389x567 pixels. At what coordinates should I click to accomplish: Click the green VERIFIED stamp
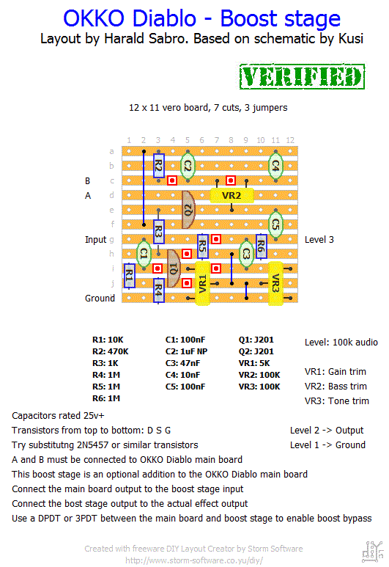(x=302, y=77)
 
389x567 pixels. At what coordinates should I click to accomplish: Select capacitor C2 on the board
(x=188, y=166)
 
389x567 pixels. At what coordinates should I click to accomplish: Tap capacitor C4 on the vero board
(x=275, y=166)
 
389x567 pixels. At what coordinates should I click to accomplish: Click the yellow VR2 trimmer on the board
(x=231, y=195)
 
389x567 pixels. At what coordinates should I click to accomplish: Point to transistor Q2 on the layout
(x=188, y=210)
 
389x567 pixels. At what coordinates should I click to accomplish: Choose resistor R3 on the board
(x=158, y=232)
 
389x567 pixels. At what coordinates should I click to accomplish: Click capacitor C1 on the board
(x=144, y=253)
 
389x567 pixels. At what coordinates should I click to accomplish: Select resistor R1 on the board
(x=129, y=276)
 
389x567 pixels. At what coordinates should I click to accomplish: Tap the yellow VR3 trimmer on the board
(x=275, y=283)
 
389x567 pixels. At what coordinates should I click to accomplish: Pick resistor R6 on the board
(x=261, y=246)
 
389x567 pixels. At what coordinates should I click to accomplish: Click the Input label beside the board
(x=96, y=240)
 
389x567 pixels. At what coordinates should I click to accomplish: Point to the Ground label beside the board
(x=100, y=298)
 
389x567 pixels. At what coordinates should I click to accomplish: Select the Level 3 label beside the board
(x=319, y=239)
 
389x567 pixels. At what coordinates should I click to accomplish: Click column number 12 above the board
(x=290, y=140)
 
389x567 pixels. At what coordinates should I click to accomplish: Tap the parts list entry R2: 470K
(x=110, y=351)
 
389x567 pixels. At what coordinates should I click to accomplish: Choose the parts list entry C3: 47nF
(x=182, y=363)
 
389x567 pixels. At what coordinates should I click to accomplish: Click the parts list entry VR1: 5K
(x=254, y=363)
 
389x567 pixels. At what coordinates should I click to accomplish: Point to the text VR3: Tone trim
(x=337, y=400)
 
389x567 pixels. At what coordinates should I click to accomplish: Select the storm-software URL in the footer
(x=194, y=560)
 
